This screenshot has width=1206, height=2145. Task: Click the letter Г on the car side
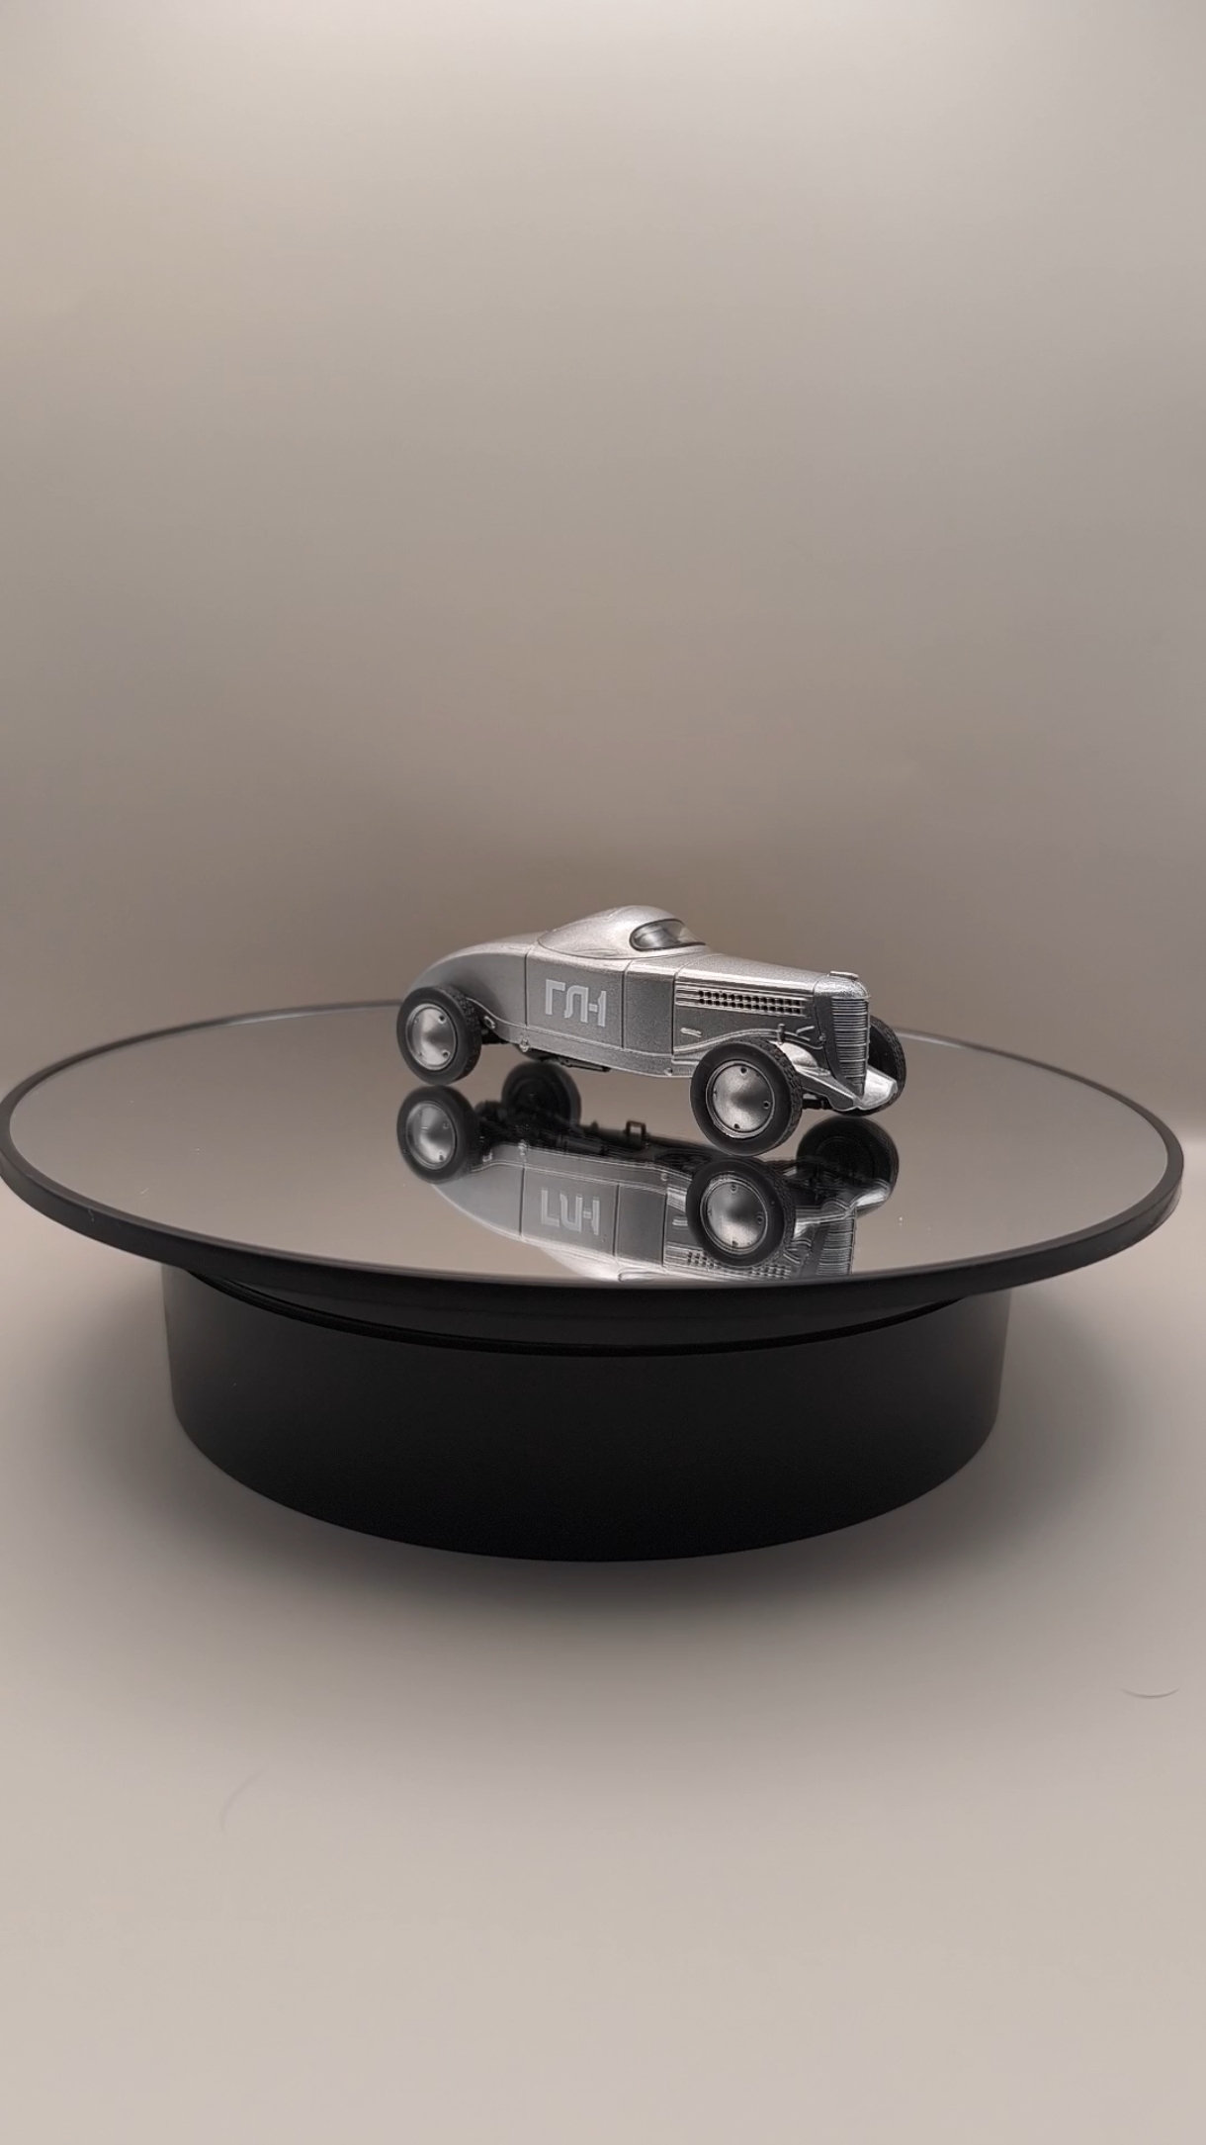553,1003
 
